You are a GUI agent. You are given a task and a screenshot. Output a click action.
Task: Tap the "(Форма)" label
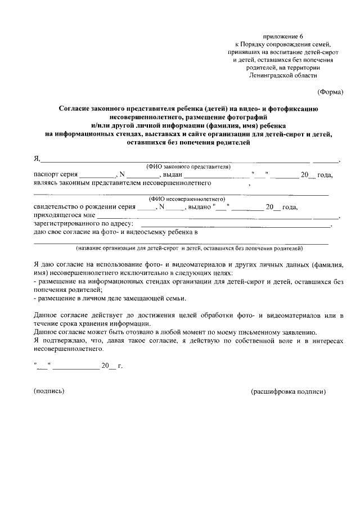[330, 91]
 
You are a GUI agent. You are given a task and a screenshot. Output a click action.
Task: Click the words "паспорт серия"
[55, 175]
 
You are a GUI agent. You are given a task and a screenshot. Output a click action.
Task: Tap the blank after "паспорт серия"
[97, 175]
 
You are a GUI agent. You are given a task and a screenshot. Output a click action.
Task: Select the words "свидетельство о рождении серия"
[85, 207]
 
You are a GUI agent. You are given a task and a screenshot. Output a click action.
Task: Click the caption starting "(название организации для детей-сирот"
[190, 248]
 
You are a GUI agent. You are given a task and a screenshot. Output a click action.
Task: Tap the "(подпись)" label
[49, 391]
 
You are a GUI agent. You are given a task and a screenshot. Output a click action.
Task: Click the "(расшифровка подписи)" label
[288, 391]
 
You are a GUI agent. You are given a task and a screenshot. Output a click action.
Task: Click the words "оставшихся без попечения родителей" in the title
[188, 143]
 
